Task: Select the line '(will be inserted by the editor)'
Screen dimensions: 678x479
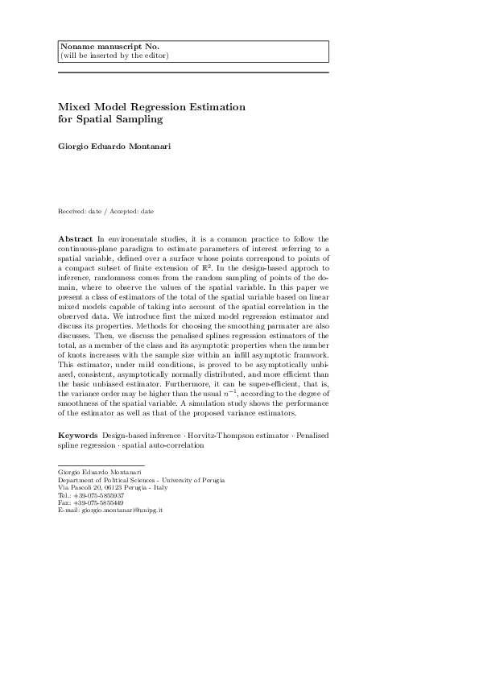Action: point(114,56)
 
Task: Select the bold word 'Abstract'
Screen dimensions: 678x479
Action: point(76,239)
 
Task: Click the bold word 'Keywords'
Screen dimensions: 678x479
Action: point(78,436)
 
